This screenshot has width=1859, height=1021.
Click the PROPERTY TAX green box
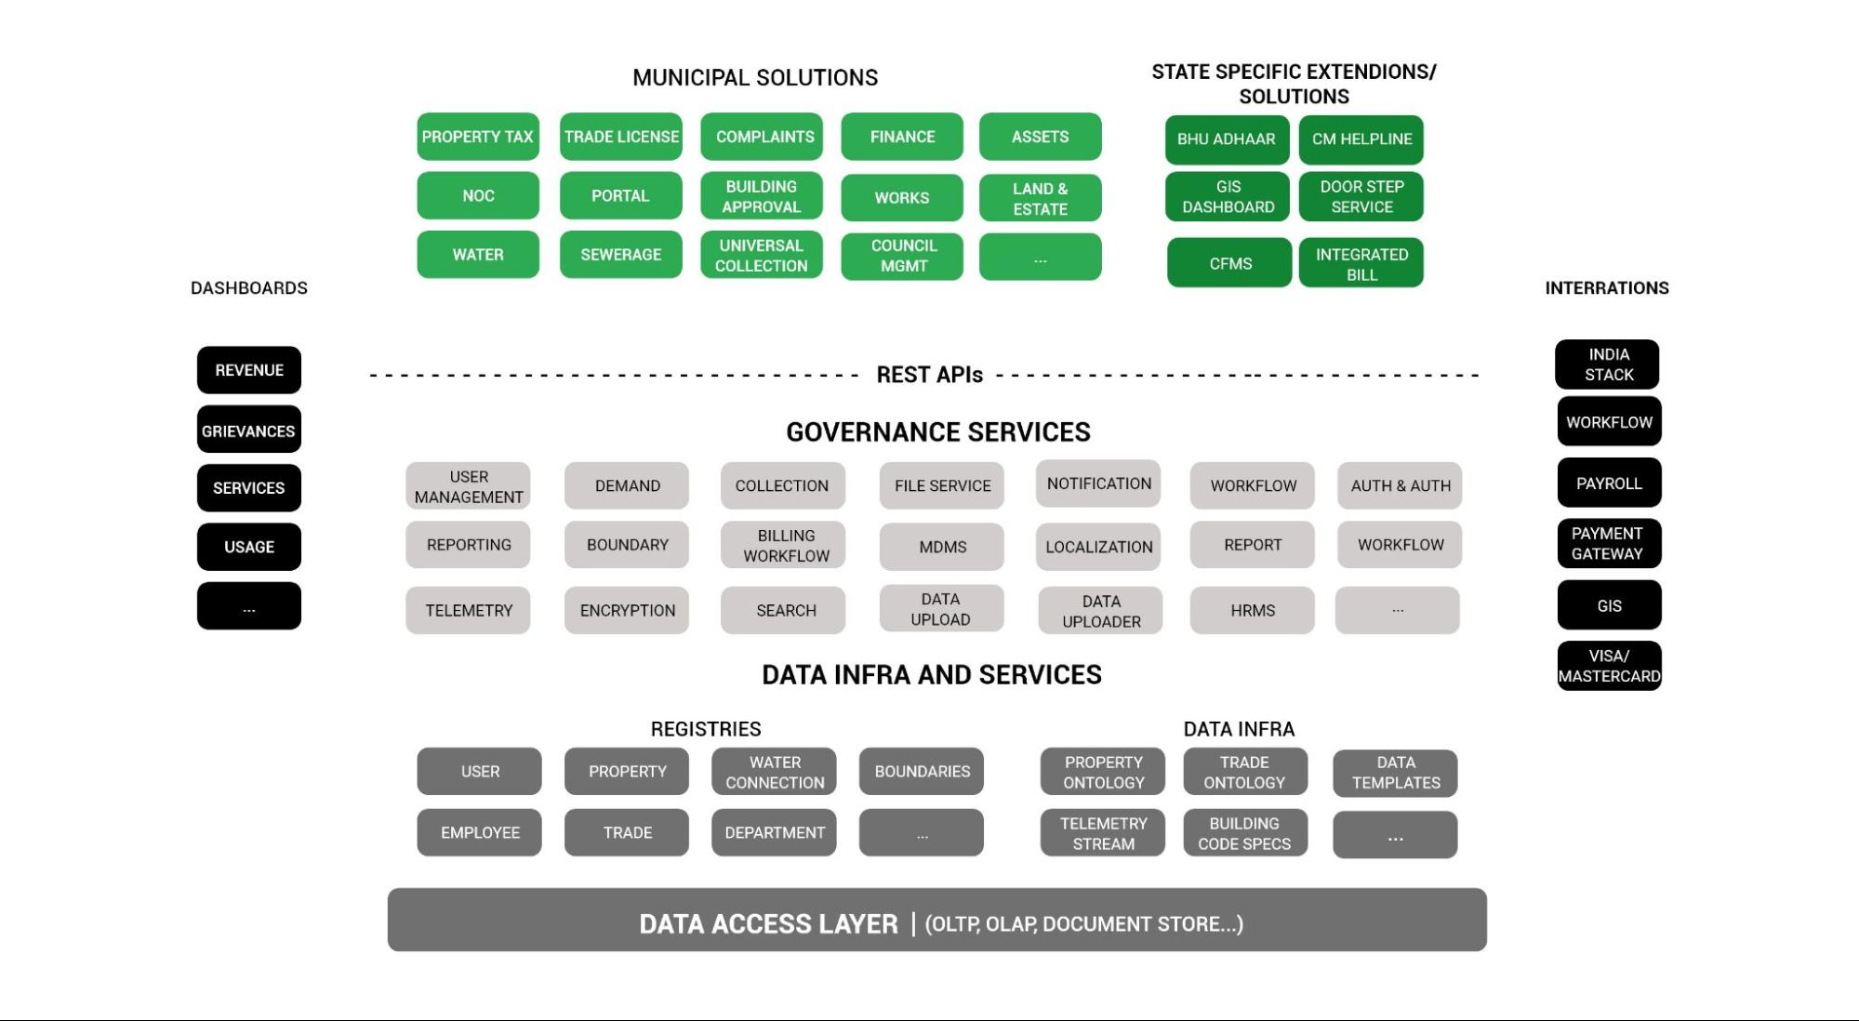pyautogui.click(x=477, y=137)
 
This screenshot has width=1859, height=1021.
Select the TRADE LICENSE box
pyautogui.click(x=620, y=137)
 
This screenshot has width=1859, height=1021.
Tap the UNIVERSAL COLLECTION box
pyautogui.click(x=761, y=256)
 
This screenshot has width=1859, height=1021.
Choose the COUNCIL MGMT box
pyautogui.click(x=902, y=256)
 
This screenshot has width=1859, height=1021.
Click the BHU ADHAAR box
pyautogui.click(x=1226, y=139)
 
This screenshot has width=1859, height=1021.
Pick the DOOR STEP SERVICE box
pyautogui.click(x=1361, y=197)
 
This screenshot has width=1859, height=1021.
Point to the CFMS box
pyautogui.click(x=1229, y=263)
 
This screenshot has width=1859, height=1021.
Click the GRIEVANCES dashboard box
pyautogui.click(x=248, y=431)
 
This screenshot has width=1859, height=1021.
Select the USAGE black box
pyautogui.click(x=248, y=547)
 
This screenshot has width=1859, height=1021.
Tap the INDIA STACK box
pyautogui.click(x=1607, y=365)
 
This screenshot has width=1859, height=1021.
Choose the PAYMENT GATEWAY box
pyautogui.click(x=1608, y=544)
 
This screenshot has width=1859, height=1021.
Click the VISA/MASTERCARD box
pyautogui.click(x=1609, y=666)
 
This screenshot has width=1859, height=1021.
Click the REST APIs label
pyautogui.click(x=929, y=375)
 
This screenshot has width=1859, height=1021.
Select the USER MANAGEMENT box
pyautogui.click(x=468, y=486)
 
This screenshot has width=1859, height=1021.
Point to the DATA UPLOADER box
pyautogui.click(x=1100, y=611)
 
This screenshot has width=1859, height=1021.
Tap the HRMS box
pyautogui.click(x=1252, y=611)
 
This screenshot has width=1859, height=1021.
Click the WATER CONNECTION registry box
pyautogui.click(x=774, y=772)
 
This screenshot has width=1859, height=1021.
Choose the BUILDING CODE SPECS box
pyautogui.click(x=1244, y=833)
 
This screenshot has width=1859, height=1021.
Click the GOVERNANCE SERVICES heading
pyautogui.click(x=937, y=432)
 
